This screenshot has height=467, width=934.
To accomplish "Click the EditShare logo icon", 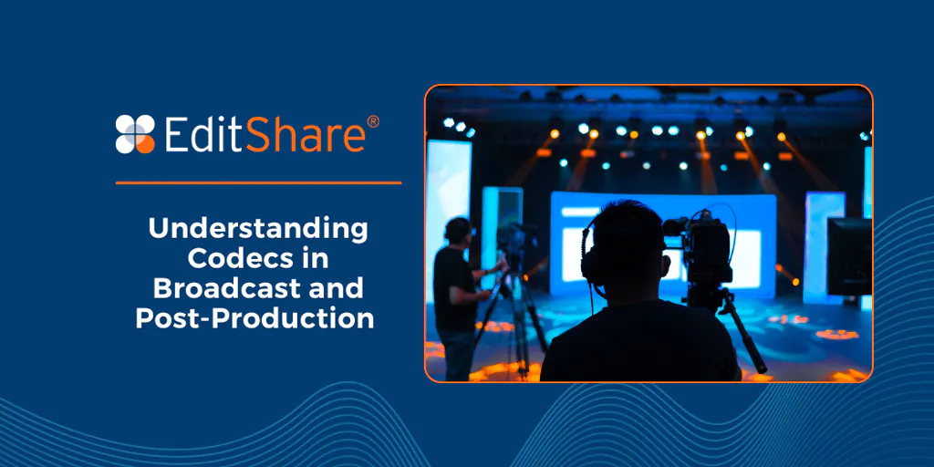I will click(x=135, y=133).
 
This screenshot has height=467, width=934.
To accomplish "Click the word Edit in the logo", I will click(x=203, y=134).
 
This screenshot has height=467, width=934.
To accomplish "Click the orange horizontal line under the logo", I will click(x=258, y=182).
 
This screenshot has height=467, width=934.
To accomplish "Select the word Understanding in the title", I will click(x=258, y=228).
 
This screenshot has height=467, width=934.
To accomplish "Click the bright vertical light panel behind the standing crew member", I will click(x=448, y=192).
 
